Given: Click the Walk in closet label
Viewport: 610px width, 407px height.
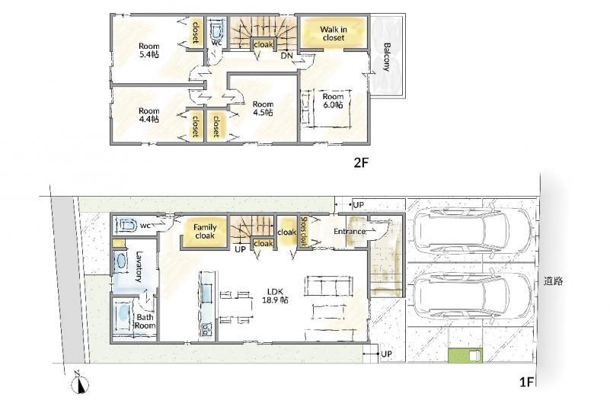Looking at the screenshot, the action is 334,34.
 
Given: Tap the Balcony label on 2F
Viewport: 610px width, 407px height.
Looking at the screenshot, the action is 387,57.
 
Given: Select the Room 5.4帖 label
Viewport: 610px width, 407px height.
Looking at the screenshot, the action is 149,50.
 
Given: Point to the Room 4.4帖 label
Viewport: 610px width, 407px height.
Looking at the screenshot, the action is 149,115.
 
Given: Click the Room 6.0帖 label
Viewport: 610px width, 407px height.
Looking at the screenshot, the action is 333,101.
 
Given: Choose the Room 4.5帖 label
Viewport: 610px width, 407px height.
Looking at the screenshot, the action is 263,108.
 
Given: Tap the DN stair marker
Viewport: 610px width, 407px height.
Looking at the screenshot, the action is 286,56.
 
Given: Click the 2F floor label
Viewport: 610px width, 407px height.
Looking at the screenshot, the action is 361,162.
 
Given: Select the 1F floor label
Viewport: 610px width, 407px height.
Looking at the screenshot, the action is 526,382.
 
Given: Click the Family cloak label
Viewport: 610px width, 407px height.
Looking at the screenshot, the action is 205,232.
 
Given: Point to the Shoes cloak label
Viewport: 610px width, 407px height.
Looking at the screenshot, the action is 304,232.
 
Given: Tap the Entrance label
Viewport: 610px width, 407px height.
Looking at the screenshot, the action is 350,232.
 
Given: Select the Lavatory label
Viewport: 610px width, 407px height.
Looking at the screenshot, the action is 139,267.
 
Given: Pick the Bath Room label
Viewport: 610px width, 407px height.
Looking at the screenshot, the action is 145,322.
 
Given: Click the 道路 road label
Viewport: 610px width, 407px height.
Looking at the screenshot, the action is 553,281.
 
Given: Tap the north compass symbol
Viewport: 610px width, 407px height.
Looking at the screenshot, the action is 80,384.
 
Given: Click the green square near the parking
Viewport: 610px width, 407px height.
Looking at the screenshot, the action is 465,356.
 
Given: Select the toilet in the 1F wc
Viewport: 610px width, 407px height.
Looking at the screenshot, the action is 127,226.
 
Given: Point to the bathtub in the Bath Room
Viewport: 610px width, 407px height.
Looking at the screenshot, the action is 123,316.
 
